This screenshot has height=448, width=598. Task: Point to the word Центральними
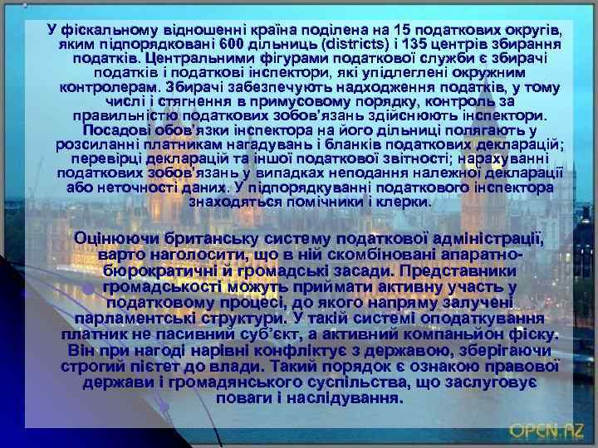click(192, 59)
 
